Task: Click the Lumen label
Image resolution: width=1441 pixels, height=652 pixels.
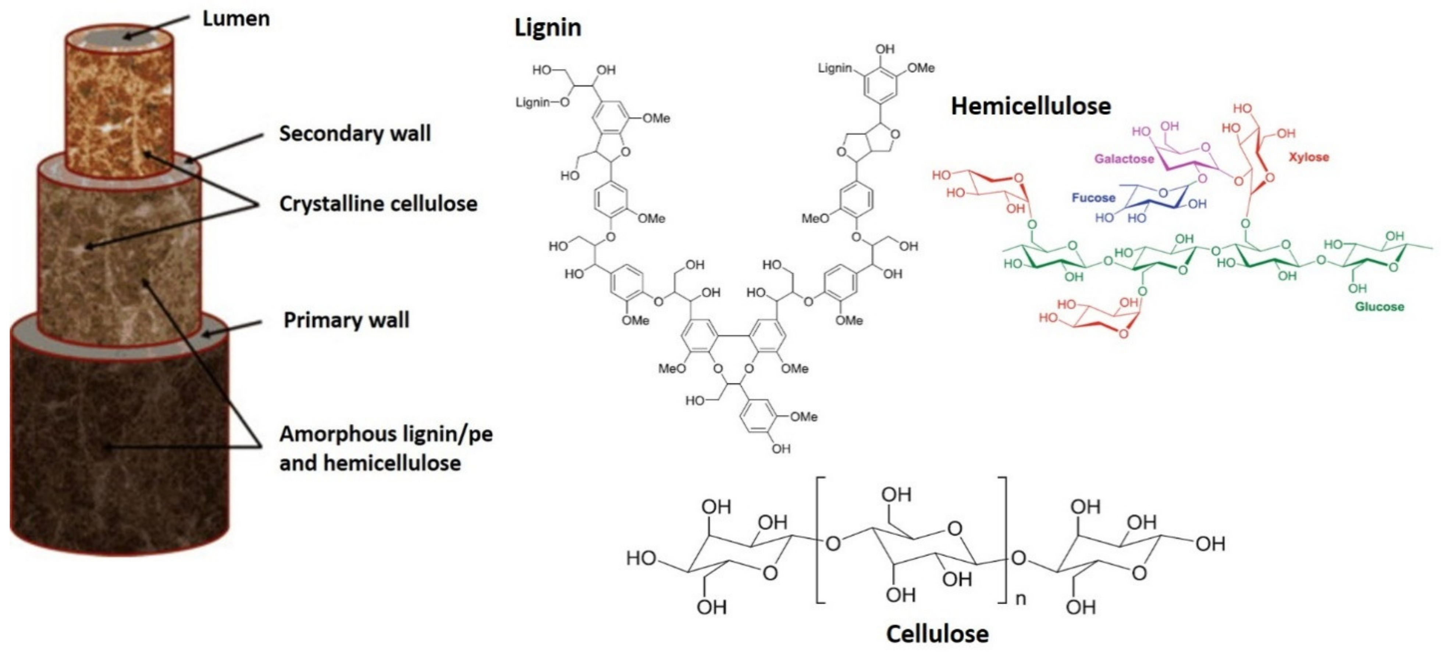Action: click(x=235, y=19)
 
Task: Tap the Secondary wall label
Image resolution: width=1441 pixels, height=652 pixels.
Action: click(x=355, y=133)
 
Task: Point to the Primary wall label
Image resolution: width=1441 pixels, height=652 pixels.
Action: click(x=346, y=320)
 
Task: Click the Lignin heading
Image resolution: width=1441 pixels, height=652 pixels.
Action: click(x=548, y=28)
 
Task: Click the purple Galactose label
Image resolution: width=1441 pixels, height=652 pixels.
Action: click(x=1124, y=159)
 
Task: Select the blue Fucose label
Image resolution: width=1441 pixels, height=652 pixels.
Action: click(x=1093, y=198)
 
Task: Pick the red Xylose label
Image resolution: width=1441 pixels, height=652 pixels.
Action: click(x=1309, y=157)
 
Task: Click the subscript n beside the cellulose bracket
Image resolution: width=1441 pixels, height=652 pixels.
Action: click(x=1020, y=599)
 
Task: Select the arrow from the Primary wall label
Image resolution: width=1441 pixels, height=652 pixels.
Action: click(x=232, y=328)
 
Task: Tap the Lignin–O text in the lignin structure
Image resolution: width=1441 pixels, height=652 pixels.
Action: click(x=541, y=102)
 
